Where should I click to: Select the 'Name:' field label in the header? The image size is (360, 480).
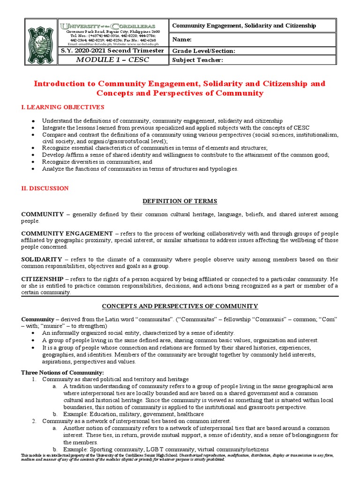pos(182,40)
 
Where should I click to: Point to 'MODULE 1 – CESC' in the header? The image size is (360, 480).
pos(113,60)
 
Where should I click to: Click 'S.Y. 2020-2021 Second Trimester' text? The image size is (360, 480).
pos(113,51)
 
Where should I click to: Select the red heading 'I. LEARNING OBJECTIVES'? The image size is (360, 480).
pos(63,107)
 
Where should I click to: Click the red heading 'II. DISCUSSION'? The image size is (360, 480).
pos(45,188)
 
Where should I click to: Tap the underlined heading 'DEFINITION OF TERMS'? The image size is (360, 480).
pos(180,201)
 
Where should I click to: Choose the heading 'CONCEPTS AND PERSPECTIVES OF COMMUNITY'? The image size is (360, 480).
pos(180,306)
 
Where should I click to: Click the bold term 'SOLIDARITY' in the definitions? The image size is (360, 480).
pos(42,259)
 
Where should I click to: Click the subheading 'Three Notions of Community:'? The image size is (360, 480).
pos(62,372)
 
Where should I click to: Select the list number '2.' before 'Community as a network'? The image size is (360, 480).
pos(34,421)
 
